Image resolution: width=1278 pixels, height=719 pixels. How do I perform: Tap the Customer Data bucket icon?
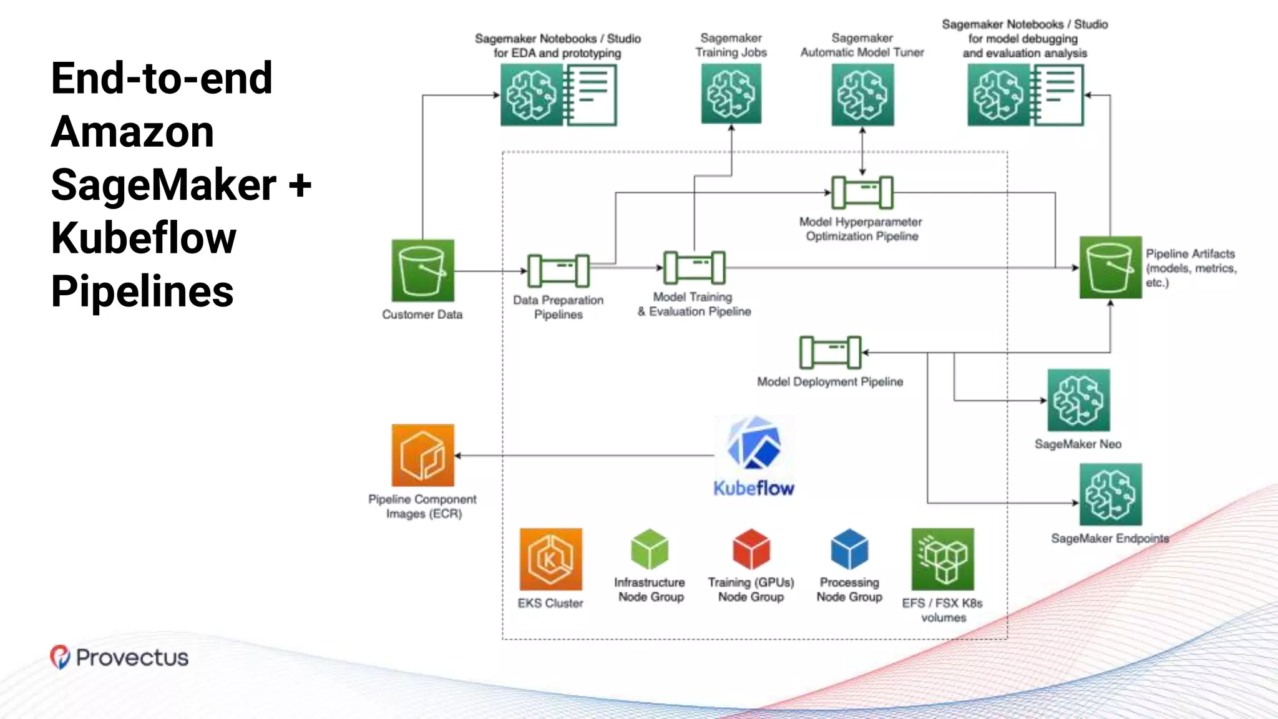pyautogui.click(x=422, y=270)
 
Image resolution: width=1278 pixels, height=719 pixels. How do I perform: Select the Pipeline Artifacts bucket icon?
pyautogui.click(x=1110, y=267)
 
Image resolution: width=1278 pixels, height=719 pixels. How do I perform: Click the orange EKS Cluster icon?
pyautogui.click(x=550, y=559)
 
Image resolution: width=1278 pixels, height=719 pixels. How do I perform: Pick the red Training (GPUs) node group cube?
pyautogui.click(x=751, y=549)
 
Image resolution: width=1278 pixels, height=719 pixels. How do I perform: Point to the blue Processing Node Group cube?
pyautogui.click(x=849, y=549)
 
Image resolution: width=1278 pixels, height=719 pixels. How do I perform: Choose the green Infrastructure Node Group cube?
pyautogui.click(x=650, y=549)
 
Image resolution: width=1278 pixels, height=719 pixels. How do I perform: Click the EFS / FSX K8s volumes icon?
pyautogui.click(x=942, y=559)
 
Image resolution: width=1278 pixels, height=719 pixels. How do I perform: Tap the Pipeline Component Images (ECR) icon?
pyautogui.click(x=422, y=455)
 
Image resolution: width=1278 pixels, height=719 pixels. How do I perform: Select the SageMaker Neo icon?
pyautogui.click(x=1078, y=400)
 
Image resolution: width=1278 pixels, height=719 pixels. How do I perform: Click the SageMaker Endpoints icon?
pyautogui.click(x=1110, y=494)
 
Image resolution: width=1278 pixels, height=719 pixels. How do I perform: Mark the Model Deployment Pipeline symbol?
pyautogui.click(x=830, y=353)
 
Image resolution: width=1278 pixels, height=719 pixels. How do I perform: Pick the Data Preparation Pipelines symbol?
pyautogui.click(x=558, y=270)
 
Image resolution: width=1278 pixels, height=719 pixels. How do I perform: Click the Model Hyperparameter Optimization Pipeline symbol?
pyautogui.click(x=862, y=192)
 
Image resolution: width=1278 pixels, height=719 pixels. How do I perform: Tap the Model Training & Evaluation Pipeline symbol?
pyautogui.click(x=694, y=268)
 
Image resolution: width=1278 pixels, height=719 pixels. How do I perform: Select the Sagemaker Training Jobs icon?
pyautogui.click(x=731, y=94)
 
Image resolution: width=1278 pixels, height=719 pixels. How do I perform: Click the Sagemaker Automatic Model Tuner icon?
pyautogui.click(x=862, y=95)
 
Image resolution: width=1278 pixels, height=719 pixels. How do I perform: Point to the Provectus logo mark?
pyautogui.click(x=60, y=657)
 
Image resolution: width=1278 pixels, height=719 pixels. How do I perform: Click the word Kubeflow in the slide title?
pyautogui.click(x=144, y=238)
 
